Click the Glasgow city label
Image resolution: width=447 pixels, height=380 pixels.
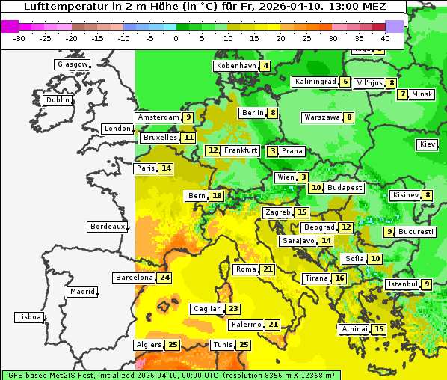tap(73, 64)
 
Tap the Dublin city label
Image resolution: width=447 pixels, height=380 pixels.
tap(58, 100)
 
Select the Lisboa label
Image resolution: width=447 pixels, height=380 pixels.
tap(29, 317)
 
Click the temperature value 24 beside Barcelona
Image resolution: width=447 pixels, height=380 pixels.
tap(165, 278)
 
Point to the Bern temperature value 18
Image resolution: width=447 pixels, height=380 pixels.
tap(217, 196)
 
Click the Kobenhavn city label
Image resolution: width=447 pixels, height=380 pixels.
tap(236, 66)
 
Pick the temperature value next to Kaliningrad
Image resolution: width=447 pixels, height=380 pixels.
tap(345, 82)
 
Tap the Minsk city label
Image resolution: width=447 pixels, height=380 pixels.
tap(422, 94)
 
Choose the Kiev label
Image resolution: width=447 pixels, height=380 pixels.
tap(428, 144)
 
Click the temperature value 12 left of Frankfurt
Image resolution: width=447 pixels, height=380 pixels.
tap(213, 150)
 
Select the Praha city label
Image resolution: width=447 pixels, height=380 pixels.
tap(292, 151)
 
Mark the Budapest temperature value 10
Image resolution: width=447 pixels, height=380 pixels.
tap(317, 188)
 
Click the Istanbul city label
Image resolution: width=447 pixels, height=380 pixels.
tap(402, 284)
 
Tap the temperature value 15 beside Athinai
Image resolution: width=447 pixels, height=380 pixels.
tap(379, 329)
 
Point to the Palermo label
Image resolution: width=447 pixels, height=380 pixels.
tap(246, 325)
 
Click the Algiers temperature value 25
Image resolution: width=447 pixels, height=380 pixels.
tap(173, 345)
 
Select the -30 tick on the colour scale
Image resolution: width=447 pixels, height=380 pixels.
tap(19, 38)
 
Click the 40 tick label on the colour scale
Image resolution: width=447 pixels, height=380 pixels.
tap(386, 38)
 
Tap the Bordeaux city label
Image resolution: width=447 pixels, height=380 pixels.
tap(108, 227)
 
